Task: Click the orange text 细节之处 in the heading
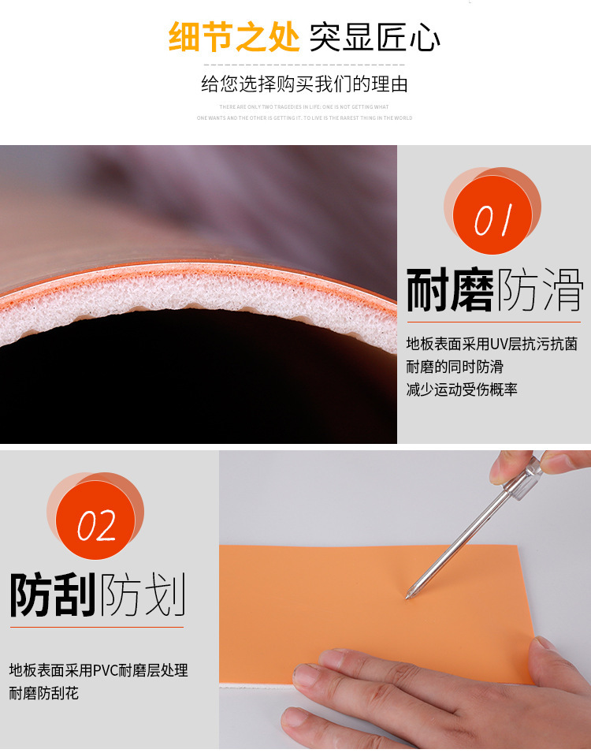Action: tap(235, 37)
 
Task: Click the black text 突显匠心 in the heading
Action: tap(374, 37)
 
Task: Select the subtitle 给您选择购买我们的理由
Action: tap(304, 84)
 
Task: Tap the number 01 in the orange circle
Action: tap(493, 221)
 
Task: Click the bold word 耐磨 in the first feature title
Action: tap(450, 290)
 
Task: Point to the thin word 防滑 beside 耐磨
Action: tap(540, 290)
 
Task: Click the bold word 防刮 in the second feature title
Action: tap(52, 595)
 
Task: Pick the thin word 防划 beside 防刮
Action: tap(142, 595)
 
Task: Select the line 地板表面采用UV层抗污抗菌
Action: tap(492, 344)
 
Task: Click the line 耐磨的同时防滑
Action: tap(455, 367)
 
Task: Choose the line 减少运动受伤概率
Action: tap(462, 390)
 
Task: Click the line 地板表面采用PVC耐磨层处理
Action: tap(98, 671)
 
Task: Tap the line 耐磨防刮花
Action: tap(44, 694)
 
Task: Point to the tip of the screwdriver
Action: tap(407, 597)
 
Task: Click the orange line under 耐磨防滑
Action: tap(493, 322)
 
